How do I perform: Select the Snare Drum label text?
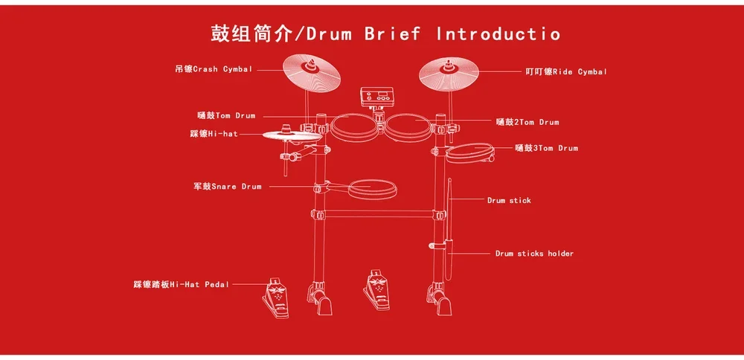228,187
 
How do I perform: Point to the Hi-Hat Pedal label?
182,284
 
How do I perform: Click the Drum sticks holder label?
534,254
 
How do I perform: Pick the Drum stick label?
509,201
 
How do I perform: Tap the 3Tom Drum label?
546,149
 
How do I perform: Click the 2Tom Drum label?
527,122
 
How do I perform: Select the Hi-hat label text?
214,134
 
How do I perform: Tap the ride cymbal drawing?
448,71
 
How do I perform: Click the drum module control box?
376,97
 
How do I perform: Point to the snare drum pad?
372,190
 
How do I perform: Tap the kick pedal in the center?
376,291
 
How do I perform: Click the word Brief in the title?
392,33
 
